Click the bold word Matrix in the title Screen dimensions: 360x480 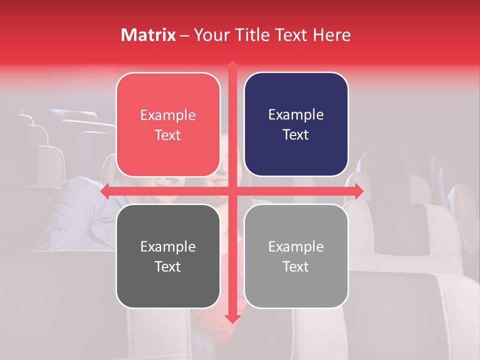pos(148,35)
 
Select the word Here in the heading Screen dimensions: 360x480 pos(331,35)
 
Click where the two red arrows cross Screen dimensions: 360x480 pos(232,191)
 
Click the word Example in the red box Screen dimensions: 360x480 pos(168,115)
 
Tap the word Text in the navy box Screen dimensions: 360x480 pos(296,135)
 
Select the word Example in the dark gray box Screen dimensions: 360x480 pos(168,247)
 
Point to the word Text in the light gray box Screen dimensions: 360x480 pos(296,266)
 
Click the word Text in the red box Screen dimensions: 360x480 pos(168,135)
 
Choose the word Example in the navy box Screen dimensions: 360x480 pos(296,115)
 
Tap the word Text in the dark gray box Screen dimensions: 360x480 pos(168,266)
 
